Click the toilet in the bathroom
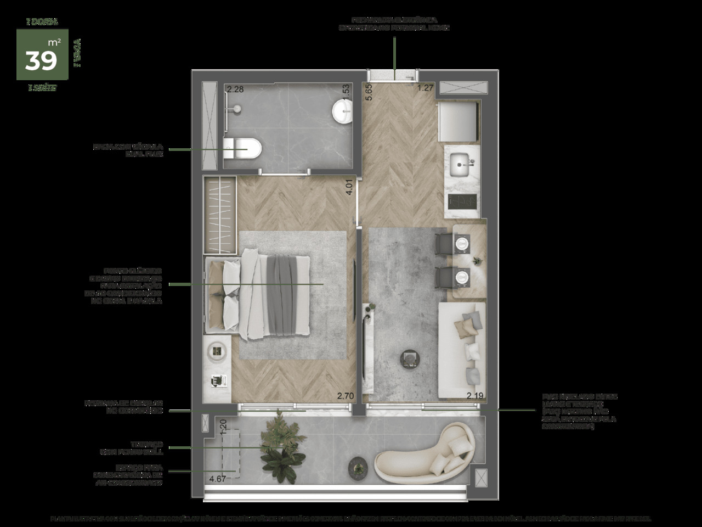coord(245,148)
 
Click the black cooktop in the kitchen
coord(462,201)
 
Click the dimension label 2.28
coord(235,89)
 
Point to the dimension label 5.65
coord(369,91)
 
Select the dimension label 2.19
coord(475,395)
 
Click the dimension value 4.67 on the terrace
coord(218,479)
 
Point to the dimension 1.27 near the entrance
coord(425,87)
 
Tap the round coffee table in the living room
coord(410,359)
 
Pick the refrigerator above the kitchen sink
coord(458,121)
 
